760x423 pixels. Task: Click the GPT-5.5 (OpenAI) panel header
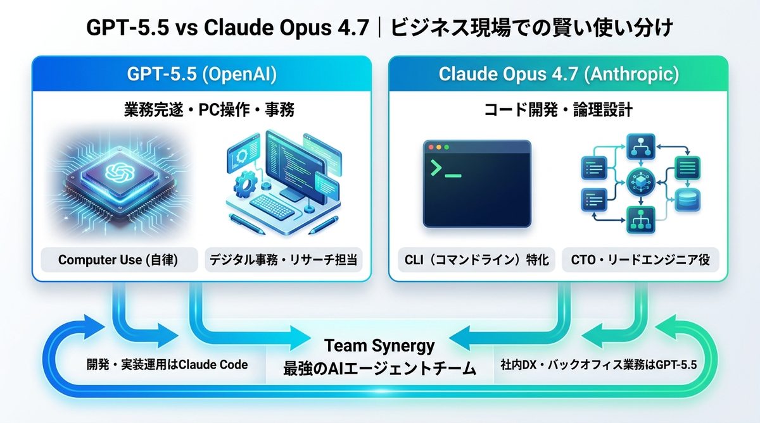201,74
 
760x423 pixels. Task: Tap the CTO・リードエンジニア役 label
640,260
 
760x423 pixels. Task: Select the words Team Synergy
379,346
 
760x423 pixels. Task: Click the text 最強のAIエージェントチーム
379,368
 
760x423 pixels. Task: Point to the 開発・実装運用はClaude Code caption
167,365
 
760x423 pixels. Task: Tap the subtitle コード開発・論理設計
557,111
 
